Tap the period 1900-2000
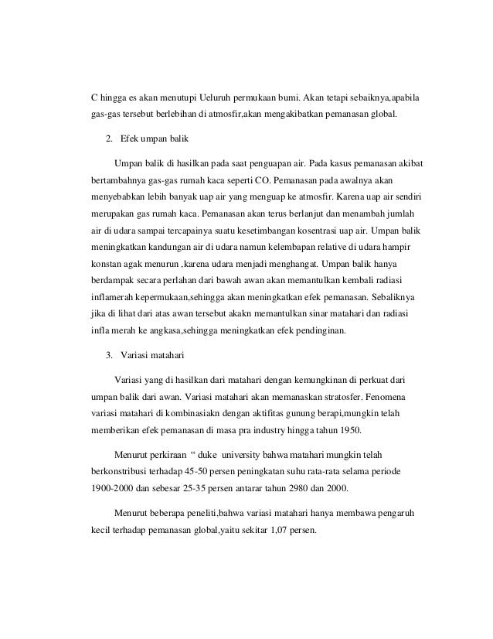point(106,489)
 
